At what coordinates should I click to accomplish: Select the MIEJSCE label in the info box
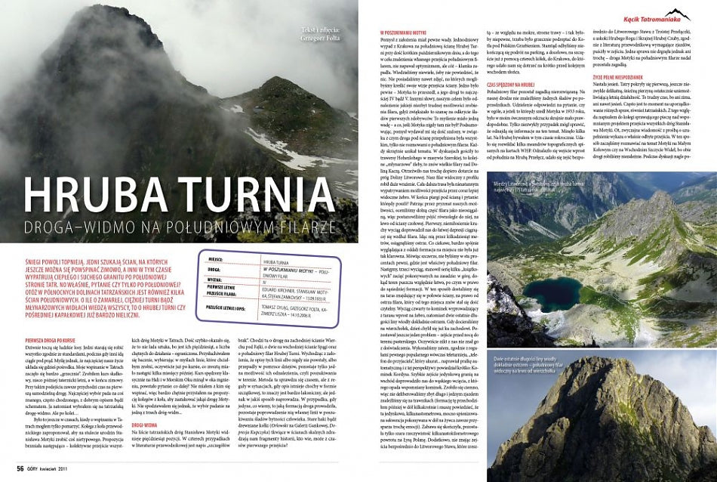pyautogui.click(x=214, y=258)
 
